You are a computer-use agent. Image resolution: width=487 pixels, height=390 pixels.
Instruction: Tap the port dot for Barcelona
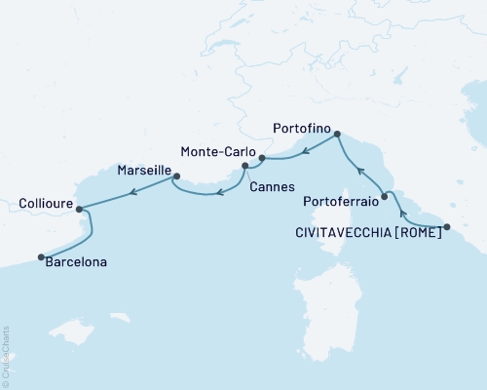pos(41,257)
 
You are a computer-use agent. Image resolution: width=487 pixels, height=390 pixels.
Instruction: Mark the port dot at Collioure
pos(78,208)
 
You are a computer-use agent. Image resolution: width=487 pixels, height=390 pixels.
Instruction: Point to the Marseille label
pos(143,170)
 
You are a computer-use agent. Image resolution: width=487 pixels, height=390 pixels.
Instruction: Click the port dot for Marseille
pos(176,176)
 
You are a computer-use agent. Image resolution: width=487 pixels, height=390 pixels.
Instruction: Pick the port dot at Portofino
pos(337,135)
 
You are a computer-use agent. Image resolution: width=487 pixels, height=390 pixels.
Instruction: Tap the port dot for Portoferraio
pos(385,197)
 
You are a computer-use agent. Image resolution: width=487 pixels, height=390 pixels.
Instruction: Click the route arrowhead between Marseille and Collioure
pos(132,191)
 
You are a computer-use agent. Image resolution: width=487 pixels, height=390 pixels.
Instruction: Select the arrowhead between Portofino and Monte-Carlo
pos(304,151)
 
